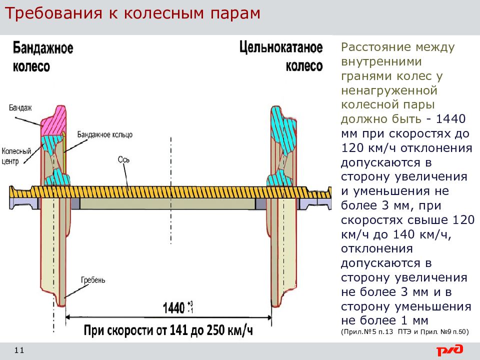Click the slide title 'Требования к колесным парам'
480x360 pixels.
tap(133, 13)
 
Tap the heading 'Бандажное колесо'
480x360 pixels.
tap(43, 57)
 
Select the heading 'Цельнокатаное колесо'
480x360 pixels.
tap(281, 56)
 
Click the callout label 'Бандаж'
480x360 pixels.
tap(20, 108)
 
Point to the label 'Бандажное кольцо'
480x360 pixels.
tap(104, 134)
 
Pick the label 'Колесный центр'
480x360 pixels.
tap(16, 156)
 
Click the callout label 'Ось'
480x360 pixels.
tap(123, 159)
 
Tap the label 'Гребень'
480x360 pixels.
tap(93, 280)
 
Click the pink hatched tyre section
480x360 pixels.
tap(54, 120)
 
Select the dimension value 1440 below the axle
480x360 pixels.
tap(173, 307)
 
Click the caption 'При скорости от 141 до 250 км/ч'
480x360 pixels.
tap(168, 330)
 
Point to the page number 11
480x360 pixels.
tap(19, 350)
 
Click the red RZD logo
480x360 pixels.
tap(449, 350)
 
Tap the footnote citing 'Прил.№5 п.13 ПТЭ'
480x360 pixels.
tap(404, 332)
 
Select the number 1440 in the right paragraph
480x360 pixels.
tap(450, 119)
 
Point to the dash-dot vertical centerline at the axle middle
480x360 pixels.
tap(171, 190)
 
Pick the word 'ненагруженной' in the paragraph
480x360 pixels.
tap(389, 90)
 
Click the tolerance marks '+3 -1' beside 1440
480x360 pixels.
tap(190, 307)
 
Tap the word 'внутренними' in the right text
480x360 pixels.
tap(381, 62)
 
